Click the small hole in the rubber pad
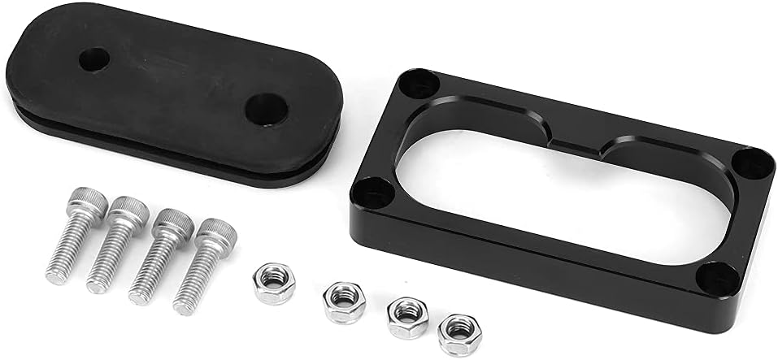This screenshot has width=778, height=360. coord(94,59)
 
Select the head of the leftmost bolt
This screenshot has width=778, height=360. coord(86,201)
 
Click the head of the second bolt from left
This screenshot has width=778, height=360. coord(128,210)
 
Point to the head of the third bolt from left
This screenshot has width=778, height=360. coord(173,221)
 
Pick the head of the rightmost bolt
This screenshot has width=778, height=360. coord(215,232)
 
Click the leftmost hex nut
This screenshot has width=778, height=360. coord(274,282)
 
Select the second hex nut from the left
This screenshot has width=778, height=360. coord(344,301)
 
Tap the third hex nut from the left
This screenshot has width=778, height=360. coord(407,316)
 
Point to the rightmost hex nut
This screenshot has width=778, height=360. coord(459,333)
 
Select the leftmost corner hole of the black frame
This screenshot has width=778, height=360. coord(374,192)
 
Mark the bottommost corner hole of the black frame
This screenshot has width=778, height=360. coord(715,279)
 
